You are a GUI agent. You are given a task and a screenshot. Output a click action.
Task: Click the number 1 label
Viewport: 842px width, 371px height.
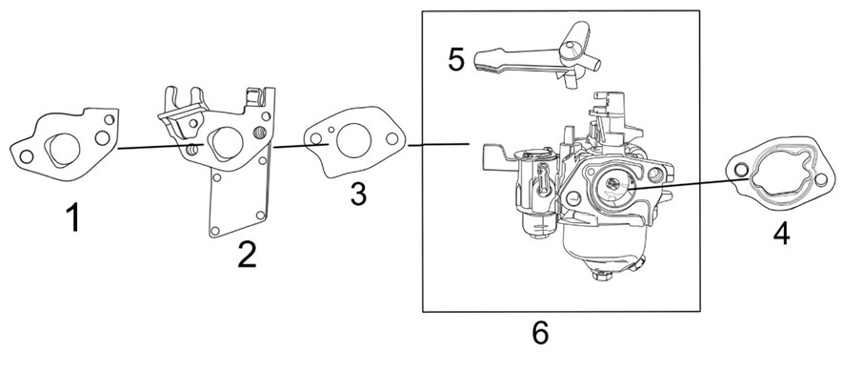[72, 218]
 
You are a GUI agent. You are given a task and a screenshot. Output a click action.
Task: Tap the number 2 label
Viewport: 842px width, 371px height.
[247, 255]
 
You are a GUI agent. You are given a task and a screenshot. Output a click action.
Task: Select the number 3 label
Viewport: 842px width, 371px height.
[358, 194]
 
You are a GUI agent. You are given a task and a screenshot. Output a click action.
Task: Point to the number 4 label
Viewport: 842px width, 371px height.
[781, 233]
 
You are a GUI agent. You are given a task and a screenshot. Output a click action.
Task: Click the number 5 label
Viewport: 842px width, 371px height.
[456, 59]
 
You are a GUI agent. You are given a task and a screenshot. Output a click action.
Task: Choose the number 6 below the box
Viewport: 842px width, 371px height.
[540, 333]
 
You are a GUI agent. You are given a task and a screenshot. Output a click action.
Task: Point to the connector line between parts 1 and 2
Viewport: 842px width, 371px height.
[161, 146]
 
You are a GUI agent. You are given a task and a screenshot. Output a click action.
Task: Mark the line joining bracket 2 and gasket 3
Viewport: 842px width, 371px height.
[301, 145]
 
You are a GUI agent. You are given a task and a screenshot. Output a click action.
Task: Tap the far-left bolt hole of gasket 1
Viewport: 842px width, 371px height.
[25, 156]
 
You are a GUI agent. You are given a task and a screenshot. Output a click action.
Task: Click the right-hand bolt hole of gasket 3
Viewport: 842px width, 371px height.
[392, 138]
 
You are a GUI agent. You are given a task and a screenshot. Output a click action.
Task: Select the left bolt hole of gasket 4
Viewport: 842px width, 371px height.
[741, 170]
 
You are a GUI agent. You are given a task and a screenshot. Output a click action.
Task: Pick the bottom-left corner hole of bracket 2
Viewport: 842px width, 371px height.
[215, 231]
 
